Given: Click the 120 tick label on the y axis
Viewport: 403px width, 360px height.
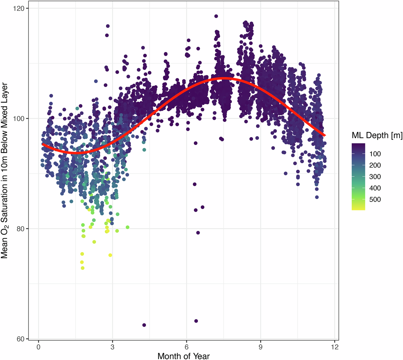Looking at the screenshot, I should (x=21, y=8).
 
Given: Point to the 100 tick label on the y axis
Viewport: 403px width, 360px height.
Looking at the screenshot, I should (x=21, y=119).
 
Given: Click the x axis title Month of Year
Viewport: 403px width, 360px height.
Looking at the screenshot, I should (x=184, y=356).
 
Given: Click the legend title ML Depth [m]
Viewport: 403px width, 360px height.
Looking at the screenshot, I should (x=377, y=135).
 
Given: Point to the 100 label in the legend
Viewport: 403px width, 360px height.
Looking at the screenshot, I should (x=375, y=154).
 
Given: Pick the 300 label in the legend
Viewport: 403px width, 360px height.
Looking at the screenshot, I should (x=375, y=177).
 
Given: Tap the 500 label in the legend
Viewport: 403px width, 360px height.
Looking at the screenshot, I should (x=375, y=200).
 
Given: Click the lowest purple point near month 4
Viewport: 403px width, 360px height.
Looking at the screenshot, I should (x=144, y=325).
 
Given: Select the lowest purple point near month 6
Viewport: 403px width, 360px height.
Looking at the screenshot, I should (x=196, y=321).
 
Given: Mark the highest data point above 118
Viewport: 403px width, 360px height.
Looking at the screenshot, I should (x=216, y=16).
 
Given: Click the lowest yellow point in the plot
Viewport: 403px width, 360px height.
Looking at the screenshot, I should (x=83, y=268).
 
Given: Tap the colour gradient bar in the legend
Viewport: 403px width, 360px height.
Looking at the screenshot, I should (x=358, y=177).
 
